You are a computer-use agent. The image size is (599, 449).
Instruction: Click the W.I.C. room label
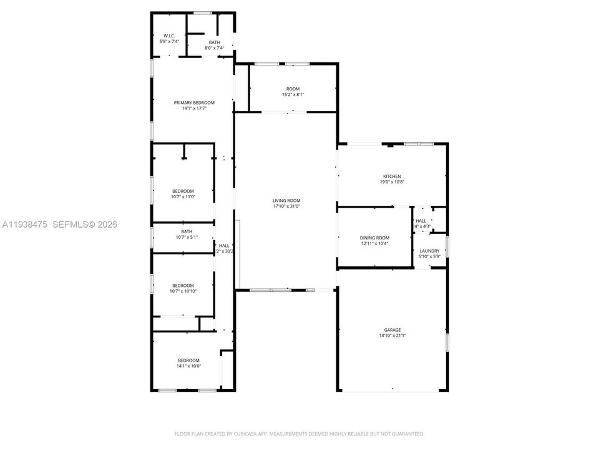169,36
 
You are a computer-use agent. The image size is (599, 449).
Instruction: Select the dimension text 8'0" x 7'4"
214,48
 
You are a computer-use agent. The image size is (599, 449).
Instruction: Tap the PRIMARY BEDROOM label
194,102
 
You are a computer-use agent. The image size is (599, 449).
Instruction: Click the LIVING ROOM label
286,200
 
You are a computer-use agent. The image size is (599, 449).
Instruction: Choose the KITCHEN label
392,176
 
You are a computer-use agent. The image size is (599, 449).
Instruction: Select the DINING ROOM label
374,238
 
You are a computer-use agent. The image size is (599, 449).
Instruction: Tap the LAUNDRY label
429,251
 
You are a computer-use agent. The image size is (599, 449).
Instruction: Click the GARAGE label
392,330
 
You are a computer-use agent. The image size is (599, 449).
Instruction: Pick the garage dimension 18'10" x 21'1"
392,336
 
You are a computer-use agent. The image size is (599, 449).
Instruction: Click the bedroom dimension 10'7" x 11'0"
183,196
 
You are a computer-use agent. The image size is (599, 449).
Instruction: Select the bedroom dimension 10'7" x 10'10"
183,291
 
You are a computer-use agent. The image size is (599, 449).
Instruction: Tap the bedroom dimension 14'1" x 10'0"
188,366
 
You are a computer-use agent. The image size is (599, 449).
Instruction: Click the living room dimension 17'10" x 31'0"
286,206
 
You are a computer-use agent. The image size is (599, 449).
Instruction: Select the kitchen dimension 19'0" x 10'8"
392,182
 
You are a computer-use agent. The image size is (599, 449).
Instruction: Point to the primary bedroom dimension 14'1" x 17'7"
194,109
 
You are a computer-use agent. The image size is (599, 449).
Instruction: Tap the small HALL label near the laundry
421,220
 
